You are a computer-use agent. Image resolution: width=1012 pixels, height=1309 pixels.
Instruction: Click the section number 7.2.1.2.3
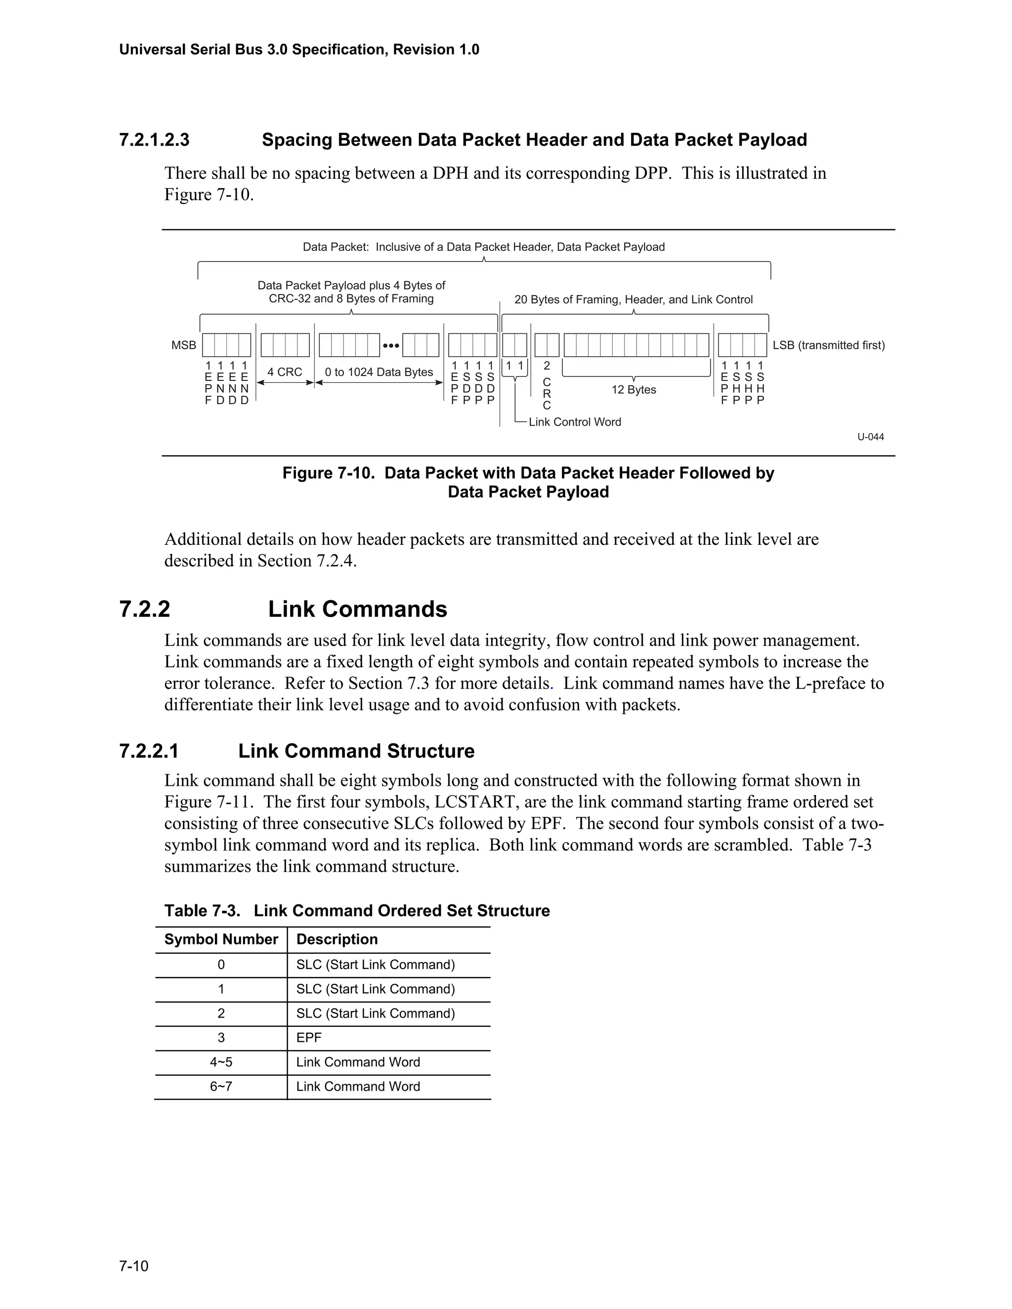154,140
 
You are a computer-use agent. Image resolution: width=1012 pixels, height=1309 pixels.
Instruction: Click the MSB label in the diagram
183,345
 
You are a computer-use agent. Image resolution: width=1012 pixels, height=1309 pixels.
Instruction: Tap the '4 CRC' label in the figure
284,372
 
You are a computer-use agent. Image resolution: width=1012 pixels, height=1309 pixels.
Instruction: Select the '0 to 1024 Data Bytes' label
379,372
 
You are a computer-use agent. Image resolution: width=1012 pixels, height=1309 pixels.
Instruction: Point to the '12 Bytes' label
633,390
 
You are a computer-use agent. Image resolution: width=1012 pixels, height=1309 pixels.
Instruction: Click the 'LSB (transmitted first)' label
829,345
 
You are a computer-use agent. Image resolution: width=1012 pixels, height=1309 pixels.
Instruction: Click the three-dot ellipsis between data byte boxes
391,346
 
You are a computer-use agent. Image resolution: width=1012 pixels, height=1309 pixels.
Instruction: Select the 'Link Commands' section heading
357,609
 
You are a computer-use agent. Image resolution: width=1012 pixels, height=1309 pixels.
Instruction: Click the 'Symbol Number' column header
220,939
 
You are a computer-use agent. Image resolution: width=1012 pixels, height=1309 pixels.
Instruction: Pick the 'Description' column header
337,939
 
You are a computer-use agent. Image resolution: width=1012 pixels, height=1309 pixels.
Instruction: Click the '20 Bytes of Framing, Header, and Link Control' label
633,300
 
